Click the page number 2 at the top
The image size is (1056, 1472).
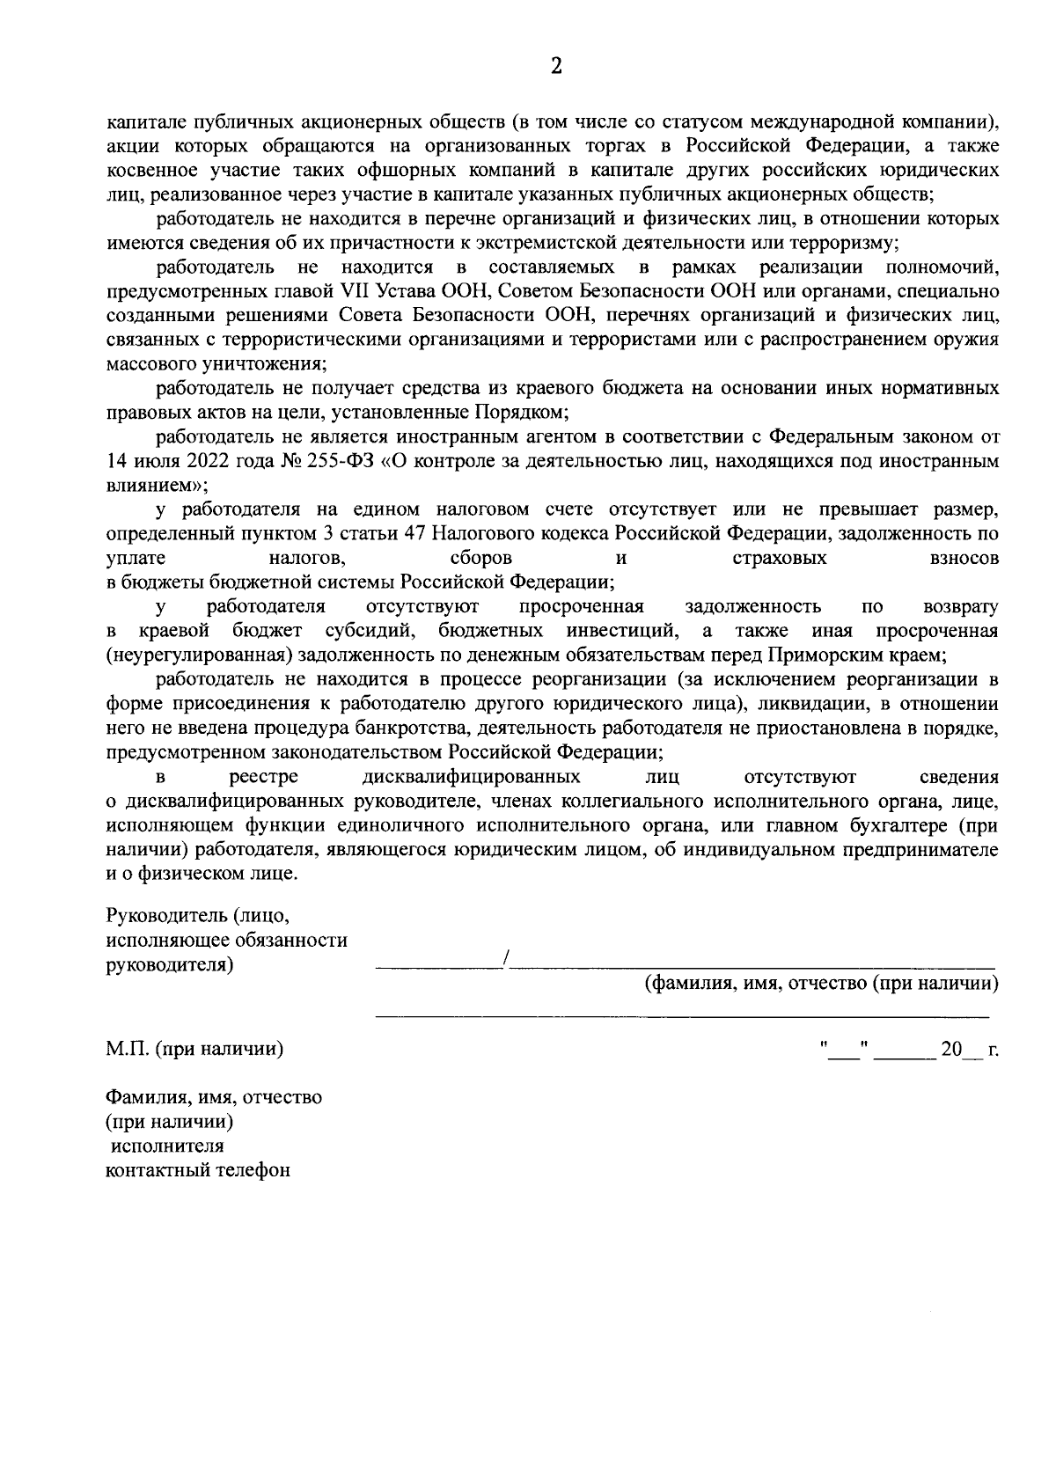click(555, 67)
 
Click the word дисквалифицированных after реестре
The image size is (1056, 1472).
click(471, 777)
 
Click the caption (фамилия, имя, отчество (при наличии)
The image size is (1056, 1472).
click(821, 984)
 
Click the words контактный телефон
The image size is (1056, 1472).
click(197, 1170)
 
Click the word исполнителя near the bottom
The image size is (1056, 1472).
click(166, 1146)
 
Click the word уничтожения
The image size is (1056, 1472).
click(273, 363)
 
